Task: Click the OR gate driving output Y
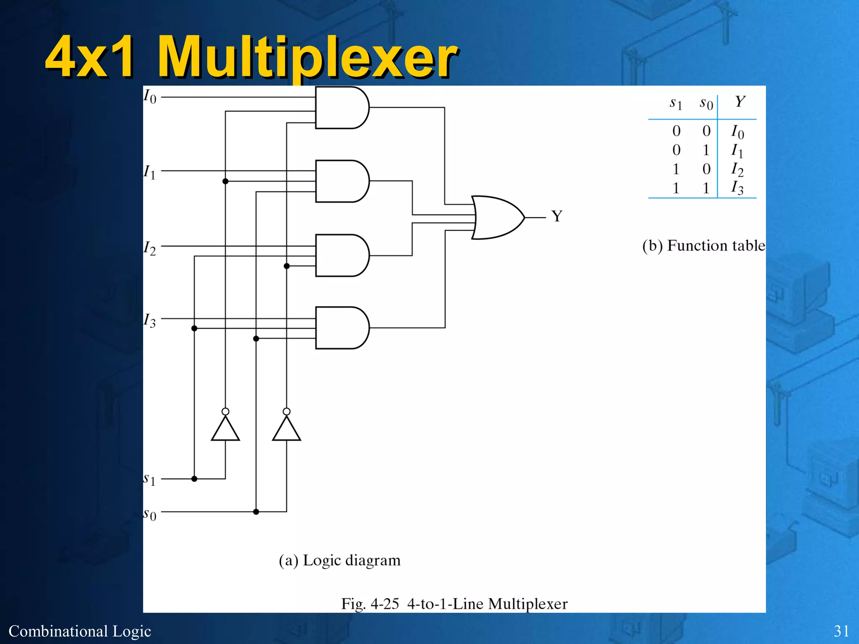[497, 218]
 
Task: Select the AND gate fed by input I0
[341, 108]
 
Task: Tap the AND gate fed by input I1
[341, 181]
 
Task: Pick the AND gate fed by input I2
[341, 255]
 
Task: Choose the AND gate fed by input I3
[341, 328]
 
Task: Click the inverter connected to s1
[225, 428]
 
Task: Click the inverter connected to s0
[286, 428]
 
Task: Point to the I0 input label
[150, 96]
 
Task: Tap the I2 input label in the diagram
[150, 248]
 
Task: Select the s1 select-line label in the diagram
[149, 479]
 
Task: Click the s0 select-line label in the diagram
[149, 514]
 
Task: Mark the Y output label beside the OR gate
[557, 216]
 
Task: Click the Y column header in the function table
[740, 101]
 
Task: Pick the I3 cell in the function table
[737, 188]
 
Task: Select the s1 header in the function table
[676, 103]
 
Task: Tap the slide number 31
[841, 631]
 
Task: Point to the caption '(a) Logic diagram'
[340, 560]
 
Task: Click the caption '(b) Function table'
[703, 246]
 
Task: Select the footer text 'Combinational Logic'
[80, 631]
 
